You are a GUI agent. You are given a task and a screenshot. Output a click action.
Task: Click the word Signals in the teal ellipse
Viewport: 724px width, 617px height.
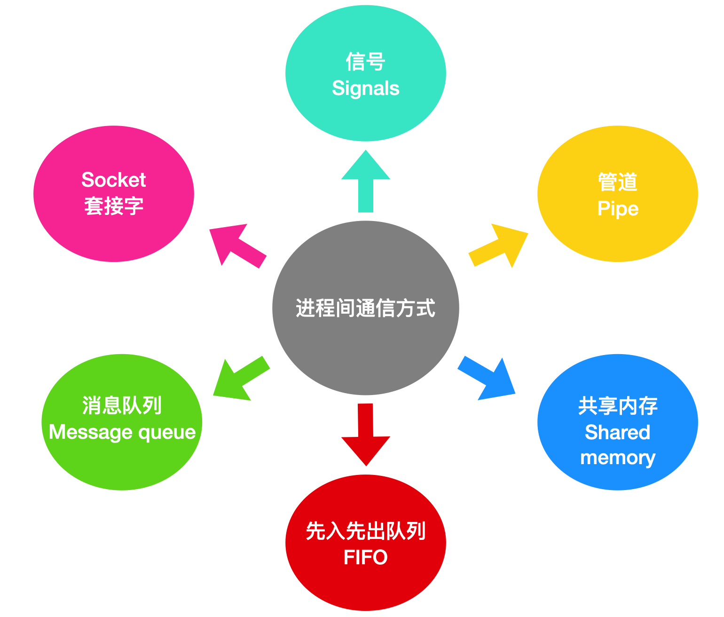point(366,88)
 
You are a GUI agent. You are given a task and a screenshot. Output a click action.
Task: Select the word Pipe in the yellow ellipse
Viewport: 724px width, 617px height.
point(618,209)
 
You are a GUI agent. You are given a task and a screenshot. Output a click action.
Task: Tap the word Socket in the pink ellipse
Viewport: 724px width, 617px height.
point(114,180)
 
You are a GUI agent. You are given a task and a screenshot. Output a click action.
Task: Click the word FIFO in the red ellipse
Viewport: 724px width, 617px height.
point(366,558)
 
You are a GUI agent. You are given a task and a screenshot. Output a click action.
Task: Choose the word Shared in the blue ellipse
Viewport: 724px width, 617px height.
point(617,432)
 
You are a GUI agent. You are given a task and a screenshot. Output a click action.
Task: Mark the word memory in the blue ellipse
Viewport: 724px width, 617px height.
point(618,458)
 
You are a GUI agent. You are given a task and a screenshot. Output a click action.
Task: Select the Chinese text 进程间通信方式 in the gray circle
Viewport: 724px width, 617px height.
point(366,308)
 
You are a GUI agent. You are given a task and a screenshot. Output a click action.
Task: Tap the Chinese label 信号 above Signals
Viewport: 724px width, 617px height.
point(366,62)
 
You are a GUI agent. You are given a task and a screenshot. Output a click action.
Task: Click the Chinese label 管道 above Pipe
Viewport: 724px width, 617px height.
point(618,182)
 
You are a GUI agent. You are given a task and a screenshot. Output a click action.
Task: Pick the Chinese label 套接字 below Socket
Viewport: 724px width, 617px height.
point(114,206)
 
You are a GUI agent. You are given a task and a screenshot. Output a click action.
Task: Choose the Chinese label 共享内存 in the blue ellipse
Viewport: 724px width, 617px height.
point(618,406)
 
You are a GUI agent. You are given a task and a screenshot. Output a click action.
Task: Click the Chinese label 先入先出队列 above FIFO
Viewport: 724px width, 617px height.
point(366,531)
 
